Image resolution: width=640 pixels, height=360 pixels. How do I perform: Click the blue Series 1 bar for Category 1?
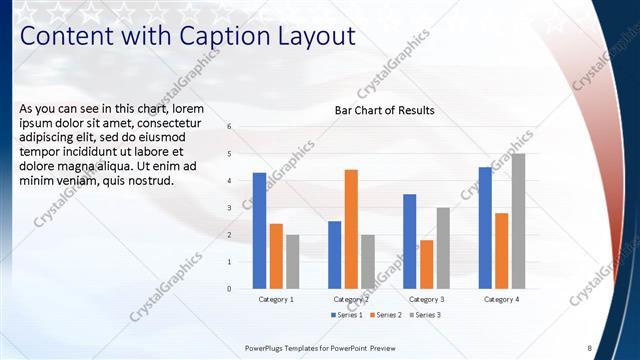coord(259,231)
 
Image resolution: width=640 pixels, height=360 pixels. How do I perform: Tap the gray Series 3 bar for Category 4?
coord(518,221)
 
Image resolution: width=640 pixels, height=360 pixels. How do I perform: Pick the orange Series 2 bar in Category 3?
coord(426,264)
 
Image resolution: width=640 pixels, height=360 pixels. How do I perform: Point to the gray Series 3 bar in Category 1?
coord(292,262)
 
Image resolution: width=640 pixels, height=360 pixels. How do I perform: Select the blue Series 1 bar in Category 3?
coord(409,241)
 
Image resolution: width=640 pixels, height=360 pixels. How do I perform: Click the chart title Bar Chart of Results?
coord(384,110)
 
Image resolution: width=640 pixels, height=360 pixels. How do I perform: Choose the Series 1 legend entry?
coord(347,315)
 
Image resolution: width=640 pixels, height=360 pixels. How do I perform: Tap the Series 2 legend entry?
coord(386,315)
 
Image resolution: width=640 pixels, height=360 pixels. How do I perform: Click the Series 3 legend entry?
coord(424,315)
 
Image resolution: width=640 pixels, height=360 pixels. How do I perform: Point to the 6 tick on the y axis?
coord(229,127)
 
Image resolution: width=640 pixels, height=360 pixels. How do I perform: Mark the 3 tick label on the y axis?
coord(229,208)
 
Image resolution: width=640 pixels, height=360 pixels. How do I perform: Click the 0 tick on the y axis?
coord(229,289)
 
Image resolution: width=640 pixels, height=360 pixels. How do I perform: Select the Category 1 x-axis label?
coord(276,299)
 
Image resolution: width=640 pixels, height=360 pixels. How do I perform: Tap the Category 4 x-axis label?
coord(501,299)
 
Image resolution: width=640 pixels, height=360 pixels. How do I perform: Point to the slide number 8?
coord(589,348)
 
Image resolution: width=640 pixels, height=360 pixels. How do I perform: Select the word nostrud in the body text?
coord(153,181)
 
